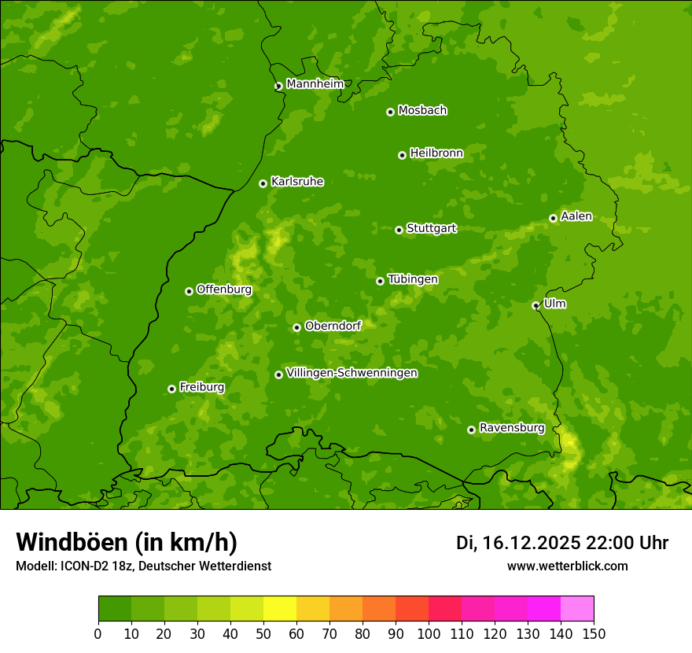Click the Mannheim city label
(315, 84)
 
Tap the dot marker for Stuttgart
(399, 230)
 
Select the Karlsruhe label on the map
(296, 182)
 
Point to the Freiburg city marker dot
(171, 389)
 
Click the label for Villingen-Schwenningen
(352, 373)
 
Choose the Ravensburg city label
(511, 428)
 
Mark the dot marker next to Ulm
(536, 305)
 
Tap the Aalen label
(576, 216)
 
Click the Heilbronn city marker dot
(402, 155)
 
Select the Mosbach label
(422, 111)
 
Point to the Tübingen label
(413, 279)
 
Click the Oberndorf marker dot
(296, 327)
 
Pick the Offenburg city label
(224, 290)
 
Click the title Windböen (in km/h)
(127, 542)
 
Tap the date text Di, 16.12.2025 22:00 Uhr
(562, 543)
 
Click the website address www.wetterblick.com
(567, 566)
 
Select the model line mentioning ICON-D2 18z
(143, 566)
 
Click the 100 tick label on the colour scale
(428, 633)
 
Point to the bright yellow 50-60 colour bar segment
(280, 609)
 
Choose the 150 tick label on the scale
(593, 633)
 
